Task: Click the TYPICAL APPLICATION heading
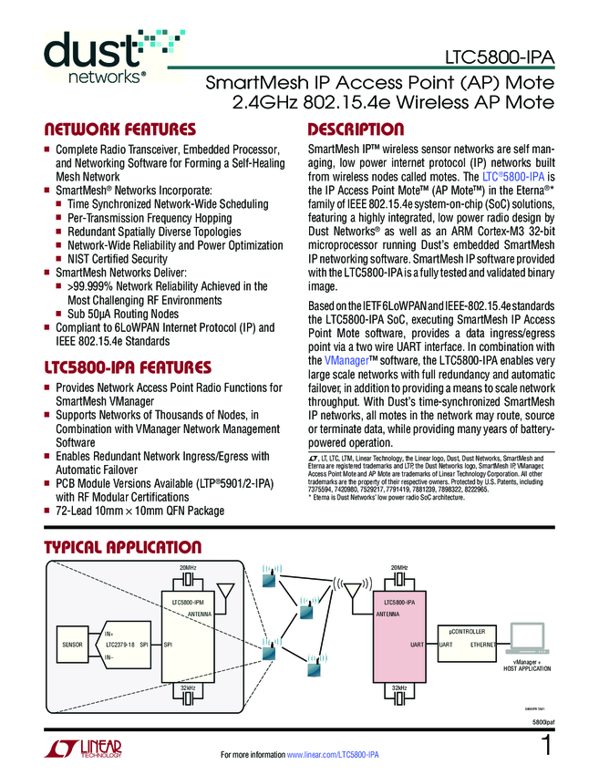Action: click(123, 547)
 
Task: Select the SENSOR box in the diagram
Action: click(73, 645)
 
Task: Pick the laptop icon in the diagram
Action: click(530, 638)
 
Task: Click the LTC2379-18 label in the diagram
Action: click(115, 645)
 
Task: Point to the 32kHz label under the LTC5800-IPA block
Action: click(399, 687)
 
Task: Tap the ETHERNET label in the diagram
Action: click(483, 645)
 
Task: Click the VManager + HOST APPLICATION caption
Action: click(528, 665)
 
